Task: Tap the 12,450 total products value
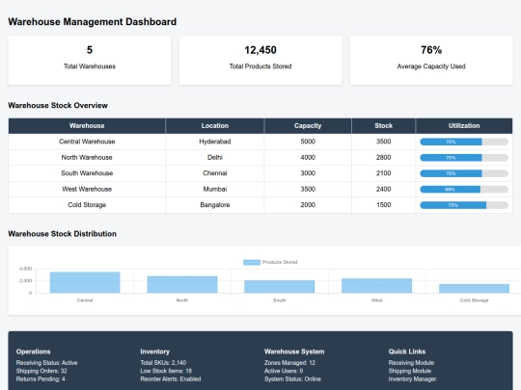260,50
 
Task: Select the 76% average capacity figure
431,50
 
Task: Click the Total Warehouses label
90,65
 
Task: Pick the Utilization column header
464,125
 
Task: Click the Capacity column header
307,125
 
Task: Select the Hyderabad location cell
215,142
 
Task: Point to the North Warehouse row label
87,157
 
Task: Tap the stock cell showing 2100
383,173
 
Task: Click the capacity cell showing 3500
307,189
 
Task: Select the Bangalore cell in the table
215,205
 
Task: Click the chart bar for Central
85,282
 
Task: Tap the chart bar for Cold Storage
474,288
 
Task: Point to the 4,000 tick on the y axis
26,269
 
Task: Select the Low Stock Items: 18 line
166,371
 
